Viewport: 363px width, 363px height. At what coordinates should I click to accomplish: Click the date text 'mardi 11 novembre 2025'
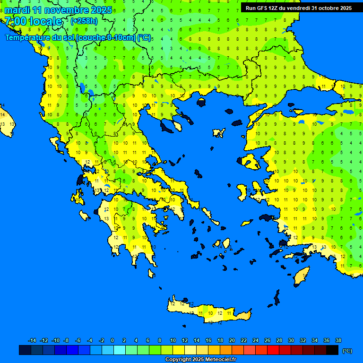[59, 10]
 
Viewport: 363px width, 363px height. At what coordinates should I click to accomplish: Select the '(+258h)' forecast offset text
[84, 21]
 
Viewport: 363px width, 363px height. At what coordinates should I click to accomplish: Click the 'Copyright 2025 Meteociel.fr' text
[200, 360]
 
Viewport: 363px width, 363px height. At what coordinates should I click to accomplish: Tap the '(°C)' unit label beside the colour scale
[347, 350]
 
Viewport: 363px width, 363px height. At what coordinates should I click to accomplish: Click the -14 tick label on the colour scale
[32, 340]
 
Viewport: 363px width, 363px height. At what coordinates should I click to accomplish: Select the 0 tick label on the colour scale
[112, 340]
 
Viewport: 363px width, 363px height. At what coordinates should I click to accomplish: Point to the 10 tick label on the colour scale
[173, 340]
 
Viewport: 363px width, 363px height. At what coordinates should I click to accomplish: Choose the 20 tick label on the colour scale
[232, 340]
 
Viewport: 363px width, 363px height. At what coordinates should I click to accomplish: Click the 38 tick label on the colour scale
[338, 340]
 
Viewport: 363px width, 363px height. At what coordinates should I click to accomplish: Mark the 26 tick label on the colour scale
[267, 340]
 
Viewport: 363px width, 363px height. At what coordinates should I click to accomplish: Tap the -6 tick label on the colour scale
[78, 340]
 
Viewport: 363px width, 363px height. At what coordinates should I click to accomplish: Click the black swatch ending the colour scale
[332, 350]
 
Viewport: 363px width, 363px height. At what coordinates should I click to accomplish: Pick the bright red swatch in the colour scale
[273, 350]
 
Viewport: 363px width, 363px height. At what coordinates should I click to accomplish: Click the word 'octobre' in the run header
[327, 8]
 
